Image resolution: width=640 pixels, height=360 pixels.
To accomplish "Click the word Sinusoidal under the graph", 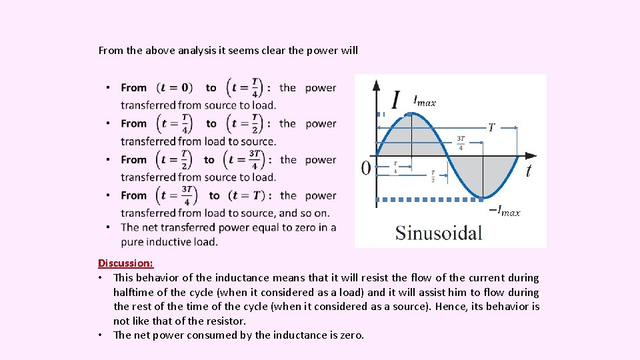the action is [438, 233].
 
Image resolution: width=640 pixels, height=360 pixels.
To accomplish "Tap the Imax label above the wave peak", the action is [424, 101].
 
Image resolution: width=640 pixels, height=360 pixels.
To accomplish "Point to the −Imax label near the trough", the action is [505, 211].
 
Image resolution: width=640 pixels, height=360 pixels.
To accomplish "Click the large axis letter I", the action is [396, 100].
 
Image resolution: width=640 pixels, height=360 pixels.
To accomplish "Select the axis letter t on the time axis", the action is [528, 171].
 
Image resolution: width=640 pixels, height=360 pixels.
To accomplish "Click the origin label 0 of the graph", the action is [366, 168].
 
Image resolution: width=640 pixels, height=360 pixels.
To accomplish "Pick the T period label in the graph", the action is [491, 127].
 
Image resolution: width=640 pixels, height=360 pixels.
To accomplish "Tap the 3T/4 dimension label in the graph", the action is [461, 143].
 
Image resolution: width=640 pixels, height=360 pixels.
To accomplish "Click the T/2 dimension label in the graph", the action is [433, 175].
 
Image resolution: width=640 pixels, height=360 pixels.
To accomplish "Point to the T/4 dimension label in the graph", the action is [395, 167].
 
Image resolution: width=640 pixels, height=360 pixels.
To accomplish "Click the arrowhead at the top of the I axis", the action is [377, 85].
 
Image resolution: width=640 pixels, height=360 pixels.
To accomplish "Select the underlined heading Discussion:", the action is [125, 263].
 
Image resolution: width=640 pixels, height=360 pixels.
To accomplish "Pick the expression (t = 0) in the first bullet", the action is [175, 87].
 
